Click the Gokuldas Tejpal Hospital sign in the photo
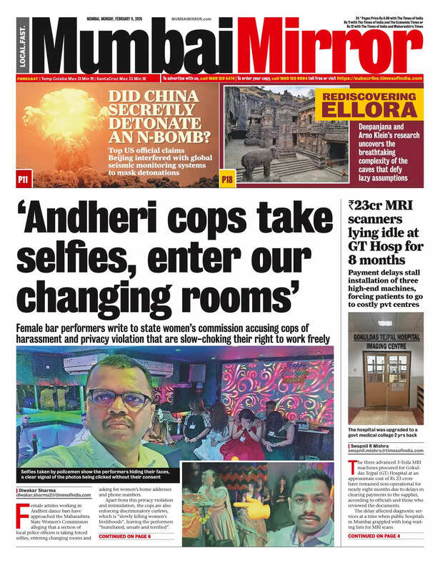coord(386,336)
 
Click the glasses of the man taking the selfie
coord(109,398)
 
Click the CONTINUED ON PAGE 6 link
coord(125,536)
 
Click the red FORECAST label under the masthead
coord(27,78)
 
